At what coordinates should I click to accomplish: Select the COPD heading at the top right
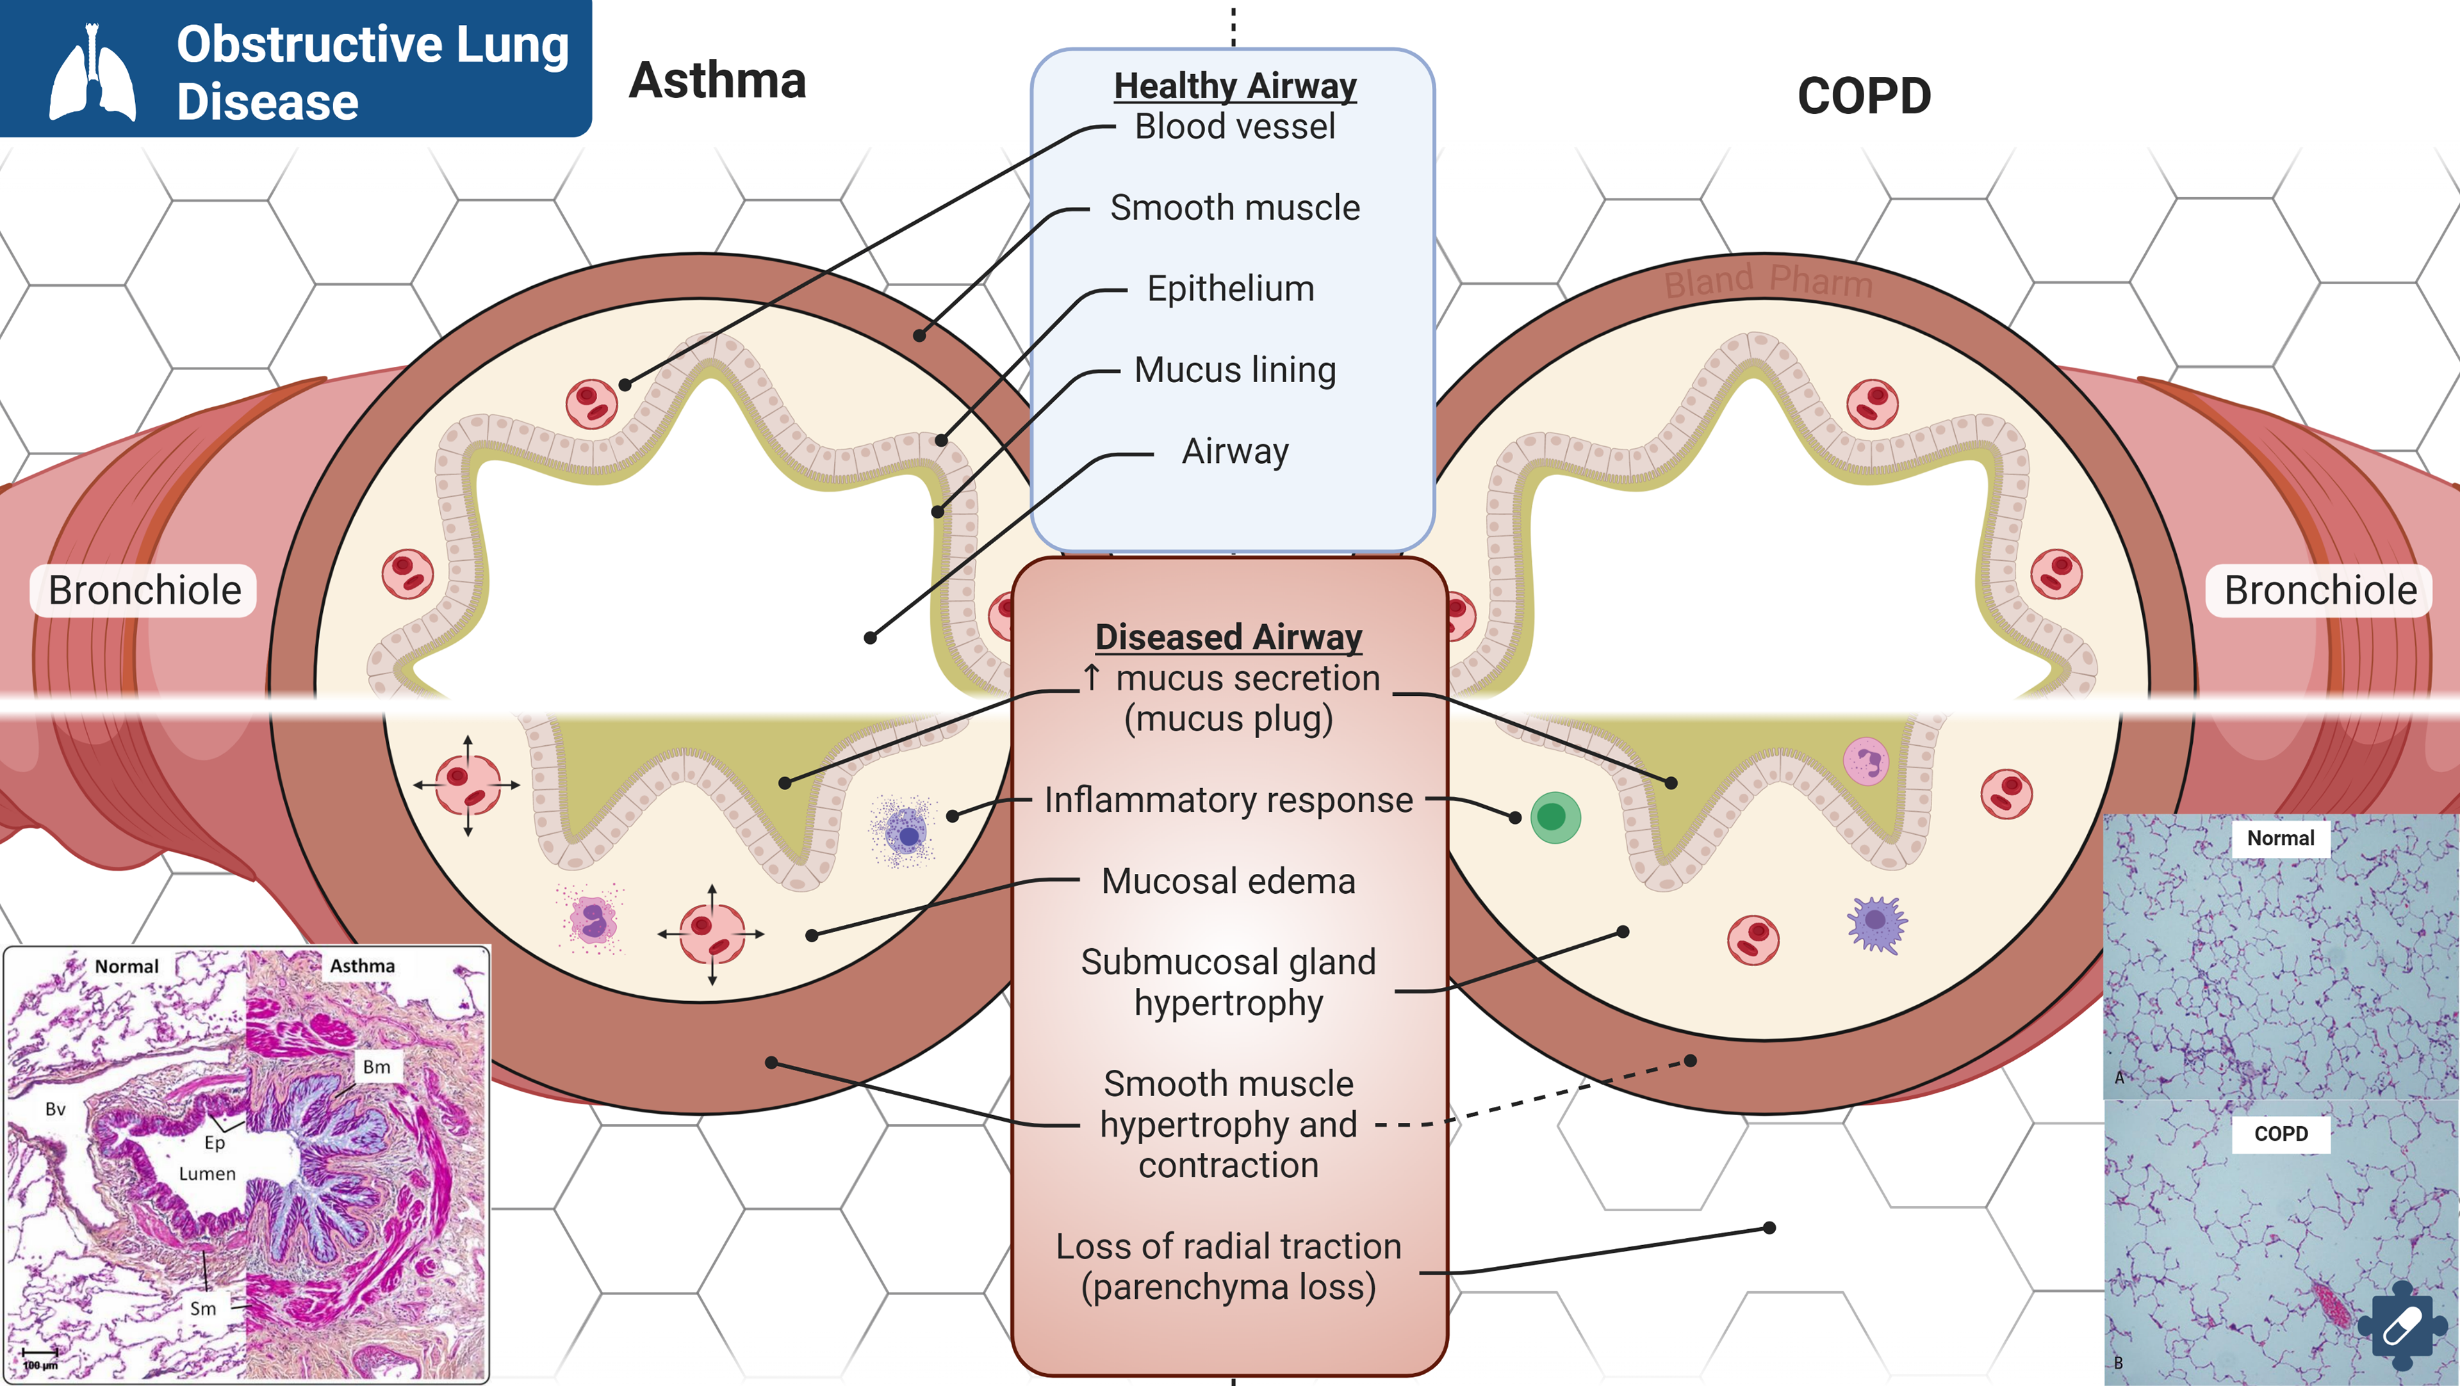tap(1863, 97)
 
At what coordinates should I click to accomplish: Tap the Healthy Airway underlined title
tap(1234, 86)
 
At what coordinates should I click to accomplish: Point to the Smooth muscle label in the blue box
tap(1234, 207)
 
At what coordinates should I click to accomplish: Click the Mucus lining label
tap(1234, 369)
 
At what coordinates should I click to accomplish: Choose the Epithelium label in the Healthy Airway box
tap(1230, 288)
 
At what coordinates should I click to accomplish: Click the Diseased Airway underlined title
tap(1228, 637)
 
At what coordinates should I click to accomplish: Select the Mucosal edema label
tap(1228, 881)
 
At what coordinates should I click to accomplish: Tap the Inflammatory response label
tap(1228, 800)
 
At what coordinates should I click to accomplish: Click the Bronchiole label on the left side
tap(144, 590)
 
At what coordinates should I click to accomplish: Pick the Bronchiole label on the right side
tap(2320, 590)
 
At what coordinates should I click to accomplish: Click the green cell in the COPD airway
tap(1555, 817)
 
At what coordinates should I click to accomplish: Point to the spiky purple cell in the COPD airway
tap(1876, 923)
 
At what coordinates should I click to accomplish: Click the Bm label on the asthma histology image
tap(376, 1066)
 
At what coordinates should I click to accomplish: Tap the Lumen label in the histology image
tap(207, 1173)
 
